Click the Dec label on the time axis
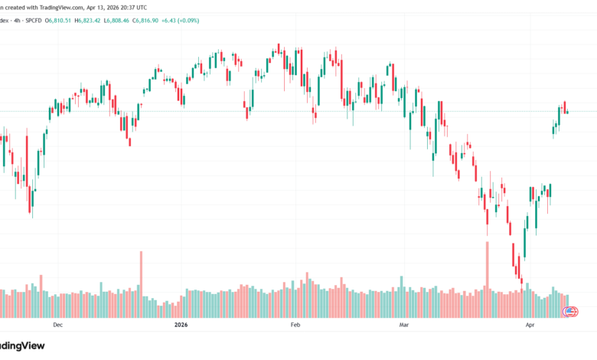click(57, 325)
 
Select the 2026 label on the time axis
click(180, 325)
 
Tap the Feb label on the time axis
click(295, 325)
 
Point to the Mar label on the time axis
click(404, 325)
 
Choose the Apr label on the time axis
click(530, 325)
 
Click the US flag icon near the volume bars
click(571, 311)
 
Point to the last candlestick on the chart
click(567, 112)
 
